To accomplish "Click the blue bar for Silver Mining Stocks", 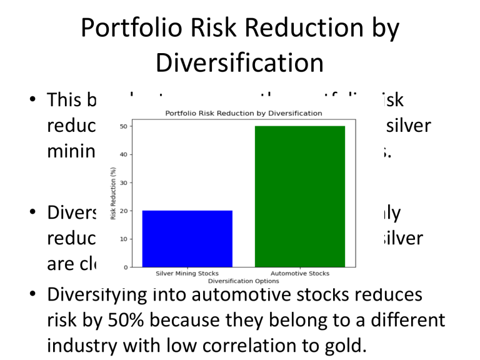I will (187, 239).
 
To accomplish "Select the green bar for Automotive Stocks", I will (299, 196).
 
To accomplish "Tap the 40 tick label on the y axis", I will (123, 154).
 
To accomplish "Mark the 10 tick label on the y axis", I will (123, 239).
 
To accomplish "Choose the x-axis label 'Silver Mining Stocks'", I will (187, 274).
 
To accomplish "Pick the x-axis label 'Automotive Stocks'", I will (299, 274).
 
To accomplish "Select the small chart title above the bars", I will (243, 113).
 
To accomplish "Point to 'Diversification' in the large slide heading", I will (240, 63).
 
